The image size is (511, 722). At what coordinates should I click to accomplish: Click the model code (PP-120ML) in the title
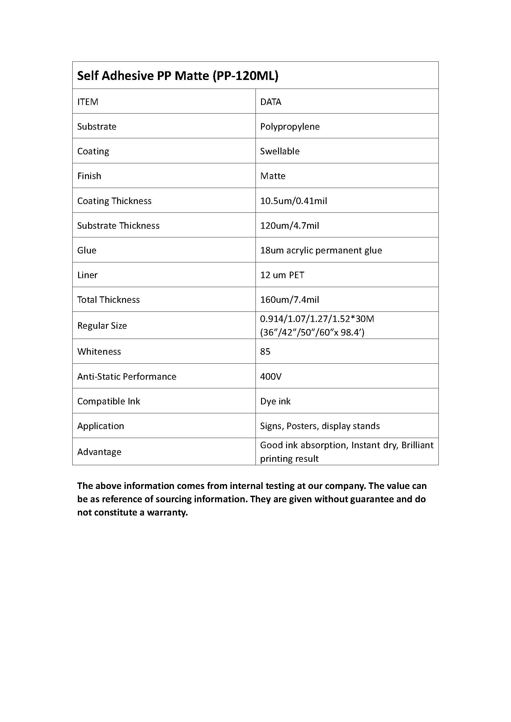[x=245, y=76]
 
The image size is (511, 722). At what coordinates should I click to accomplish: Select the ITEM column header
[x=88, y=102]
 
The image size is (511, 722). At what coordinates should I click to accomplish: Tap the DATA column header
[x=271, y=102]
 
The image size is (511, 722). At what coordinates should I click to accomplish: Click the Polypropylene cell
[x=290, y=127]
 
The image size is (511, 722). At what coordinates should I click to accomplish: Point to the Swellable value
[x=280, y=151]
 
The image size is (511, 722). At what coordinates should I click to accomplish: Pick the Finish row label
[x=89, y=176]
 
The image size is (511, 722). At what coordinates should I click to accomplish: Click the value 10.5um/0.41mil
[x=294, y=201]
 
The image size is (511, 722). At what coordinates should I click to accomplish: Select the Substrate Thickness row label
[x=118, y=225]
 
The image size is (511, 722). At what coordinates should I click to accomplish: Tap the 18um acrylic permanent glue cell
[x=321, y=250]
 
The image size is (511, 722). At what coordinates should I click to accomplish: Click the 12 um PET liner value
[x=282, y=275]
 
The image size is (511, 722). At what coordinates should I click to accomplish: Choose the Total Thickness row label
[x=108, y=300]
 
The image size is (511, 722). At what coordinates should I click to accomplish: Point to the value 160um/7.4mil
[x=289, y=300]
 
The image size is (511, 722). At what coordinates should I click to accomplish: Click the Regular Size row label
[x=102, y=326]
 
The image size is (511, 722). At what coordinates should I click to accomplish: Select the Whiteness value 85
[x=265, y=352]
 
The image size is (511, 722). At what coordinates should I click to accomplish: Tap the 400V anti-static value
[x=271, y=376]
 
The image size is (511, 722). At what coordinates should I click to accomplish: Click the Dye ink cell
[x=275, y=401]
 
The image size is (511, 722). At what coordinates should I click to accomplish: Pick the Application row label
[x=101, y=426]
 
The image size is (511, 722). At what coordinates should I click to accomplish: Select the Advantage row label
[x=99, y=452]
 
